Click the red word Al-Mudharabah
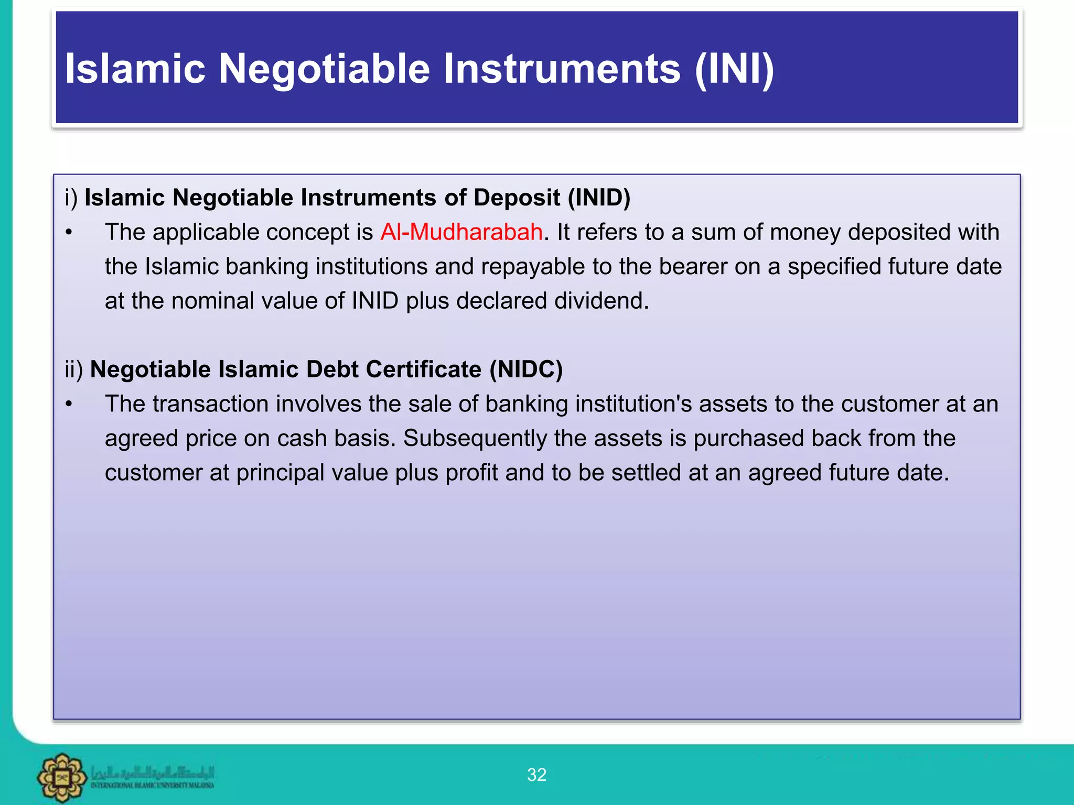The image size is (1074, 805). click(x=461, y=232)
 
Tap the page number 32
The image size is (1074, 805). click(x=536, y=775)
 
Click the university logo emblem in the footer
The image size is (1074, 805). click(x=62, y=777)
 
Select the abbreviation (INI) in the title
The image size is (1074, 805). click(x=734, y=69)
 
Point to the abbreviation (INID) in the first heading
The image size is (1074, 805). click(x=599, y=198)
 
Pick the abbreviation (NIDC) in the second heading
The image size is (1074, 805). click(x=526, y=369)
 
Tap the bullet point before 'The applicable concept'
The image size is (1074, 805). click(x=69, y=233)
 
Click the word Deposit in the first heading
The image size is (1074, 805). click(x=517, y=198)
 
